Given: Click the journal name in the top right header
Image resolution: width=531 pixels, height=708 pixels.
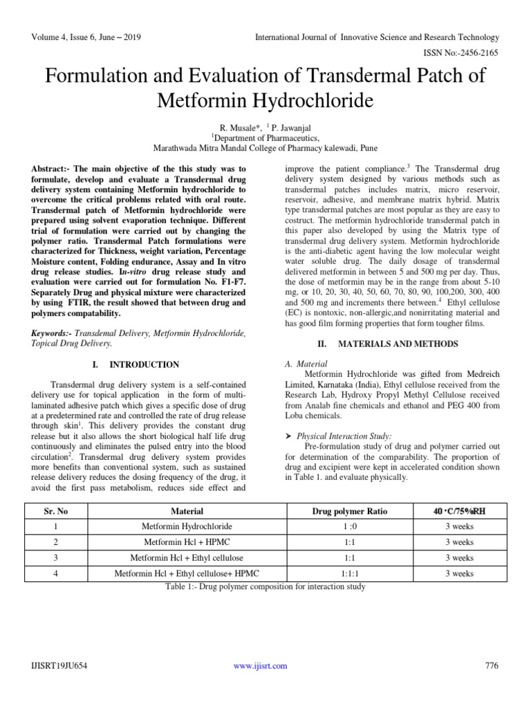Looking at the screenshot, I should click(x=377, y=37).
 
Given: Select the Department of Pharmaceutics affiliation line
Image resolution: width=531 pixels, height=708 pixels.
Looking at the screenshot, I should click(x=265, y=138).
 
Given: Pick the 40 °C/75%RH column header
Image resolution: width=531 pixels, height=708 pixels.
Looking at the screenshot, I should click(x=459, y=511).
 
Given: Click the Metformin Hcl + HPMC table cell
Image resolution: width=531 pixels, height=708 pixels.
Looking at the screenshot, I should click(x=187, y=542).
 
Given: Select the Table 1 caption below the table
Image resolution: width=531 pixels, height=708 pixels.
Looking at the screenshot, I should click(x=265, y=587).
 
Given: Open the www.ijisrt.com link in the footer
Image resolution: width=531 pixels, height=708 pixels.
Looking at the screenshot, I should click(x=260, y=666).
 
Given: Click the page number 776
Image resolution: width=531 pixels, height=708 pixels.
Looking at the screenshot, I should click(x=492, y=666).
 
